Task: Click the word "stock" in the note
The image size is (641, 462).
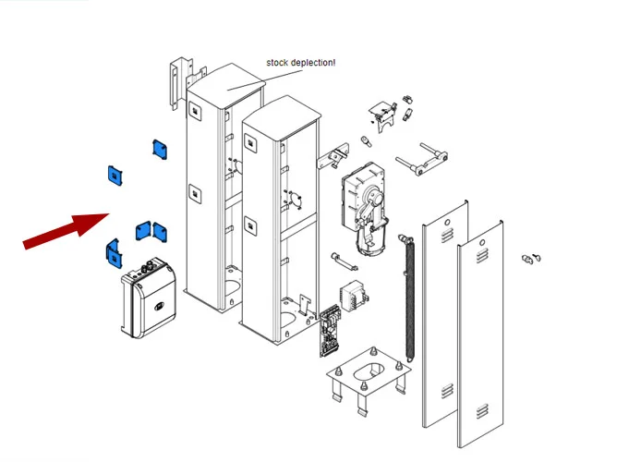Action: (279, 62)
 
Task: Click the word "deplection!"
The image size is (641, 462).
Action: (315, 62)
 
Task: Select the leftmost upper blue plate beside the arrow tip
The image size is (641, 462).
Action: (116, 174)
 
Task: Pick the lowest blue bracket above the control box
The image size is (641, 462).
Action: (114, 249)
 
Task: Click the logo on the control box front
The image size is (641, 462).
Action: (158, 303)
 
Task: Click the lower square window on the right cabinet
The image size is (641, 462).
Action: (250, 224)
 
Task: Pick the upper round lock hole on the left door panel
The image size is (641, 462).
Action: (448, 223)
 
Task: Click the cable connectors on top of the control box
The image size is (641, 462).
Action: (148, 270)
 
